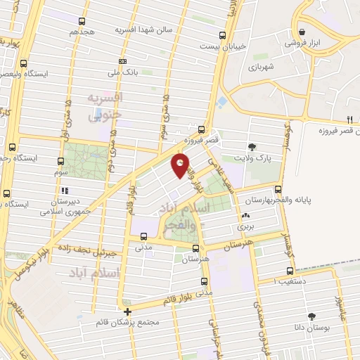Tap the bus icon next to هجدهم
coord(82,21)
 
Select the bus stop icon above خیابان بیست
coord(223,36)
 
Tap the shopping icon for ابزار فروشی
coord(302,32)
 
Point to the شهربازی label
coord(260,66)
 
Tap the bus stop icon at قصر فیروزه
coord(202,129)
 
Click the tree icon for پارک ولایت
coord(252,147)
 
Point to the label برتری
coord(245,226)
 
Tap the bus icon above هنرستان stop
coord(195,248)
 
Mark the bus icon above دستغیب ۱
coord(290,271)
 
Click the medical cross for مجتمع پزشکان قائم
coord(127,311)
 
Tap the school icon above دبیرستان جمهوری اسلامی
coord(65,190)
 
